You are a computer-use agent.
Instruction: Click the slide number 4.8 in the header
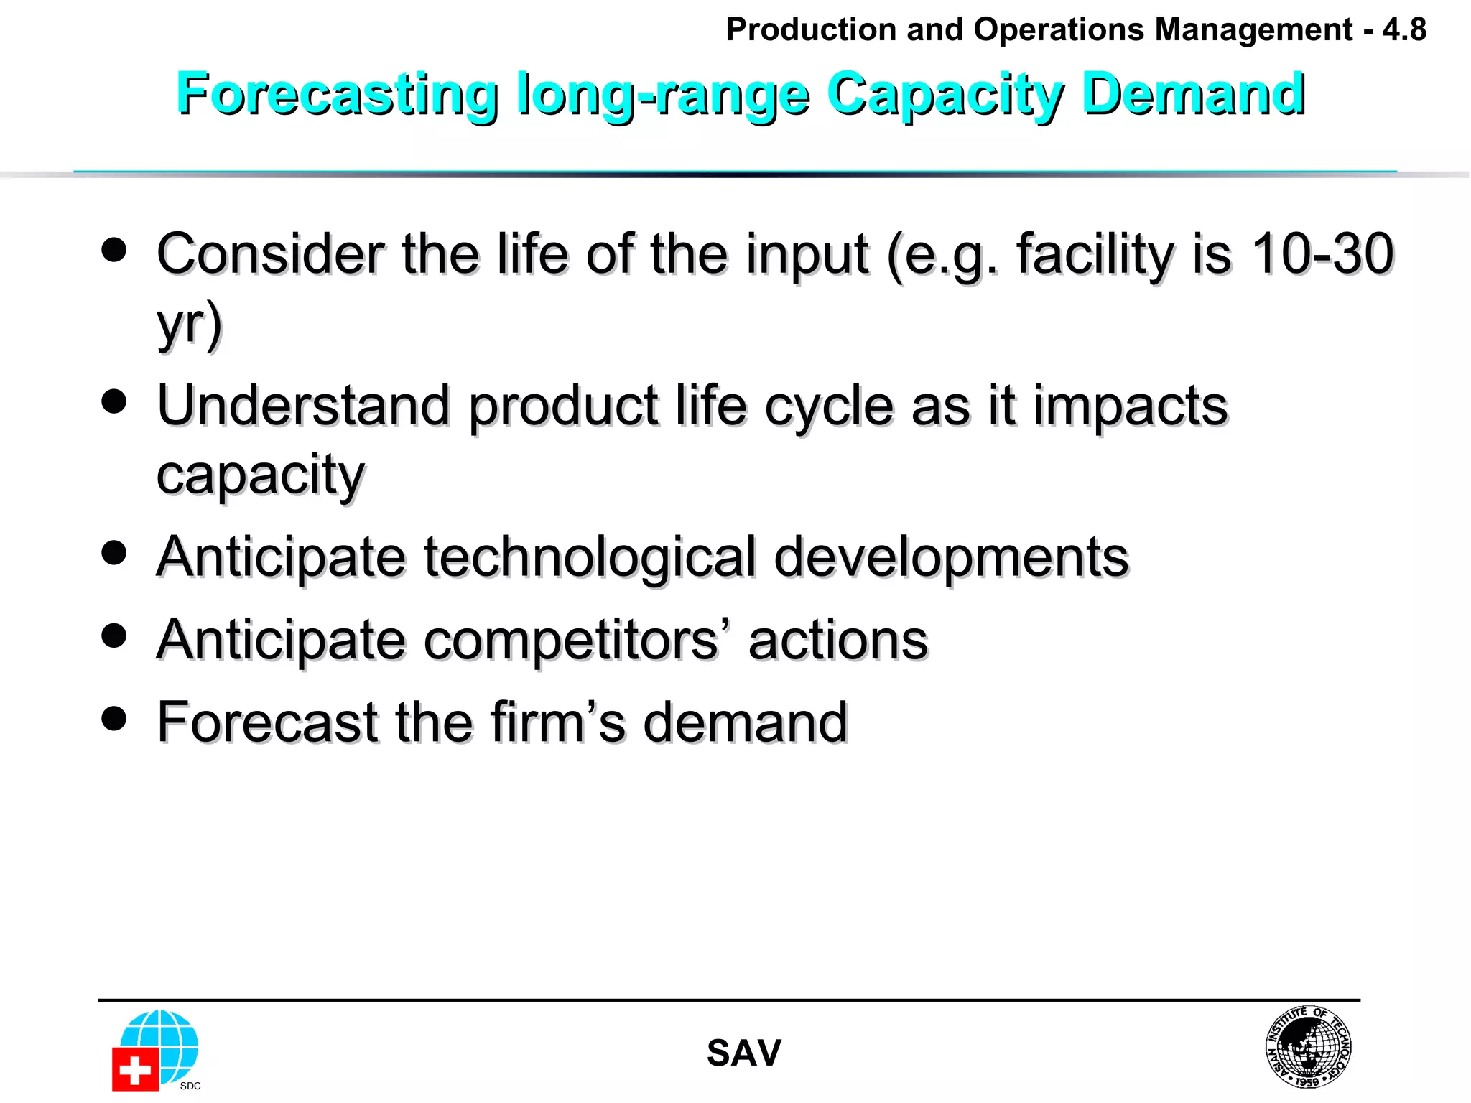(1404, 30)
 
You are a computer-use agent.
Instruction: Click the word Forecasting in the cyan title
(337, 94)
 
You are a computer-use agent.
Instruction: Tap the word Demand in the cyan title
(1193, 94)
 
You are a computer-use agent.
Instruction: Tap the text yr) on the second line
(190, 325)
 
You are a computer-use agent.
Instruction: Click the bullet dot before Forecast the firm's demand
(114, 718)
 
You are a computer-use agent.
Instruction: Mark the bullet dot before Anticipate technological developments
(114, 553)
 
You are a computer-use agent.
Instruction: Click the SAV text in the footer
(743, 1053)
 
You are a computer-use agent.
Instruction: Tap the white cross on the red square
(134, 1071)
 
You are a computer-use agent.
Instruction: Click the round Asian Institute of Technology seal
(1308, 1047)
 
